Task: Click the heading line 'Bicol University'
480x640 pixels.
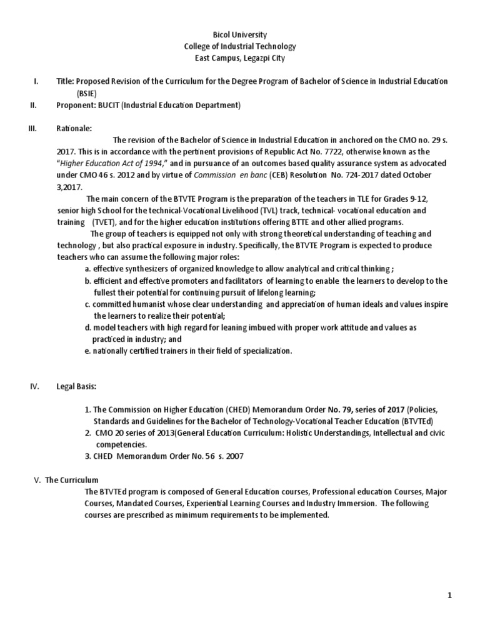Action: point(240,35)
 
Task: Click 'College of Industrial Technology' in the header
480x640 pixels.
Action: point(240,47)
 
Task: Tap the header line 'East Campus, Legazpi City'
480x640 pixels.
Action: point(240,58)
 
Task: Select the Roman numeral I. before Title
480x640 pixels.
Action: point(36,82)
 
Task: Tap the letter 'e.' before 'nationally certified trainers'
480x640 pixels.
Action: point(88,351)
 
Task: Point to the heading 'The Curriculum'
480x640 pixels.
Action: point(72,480)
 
